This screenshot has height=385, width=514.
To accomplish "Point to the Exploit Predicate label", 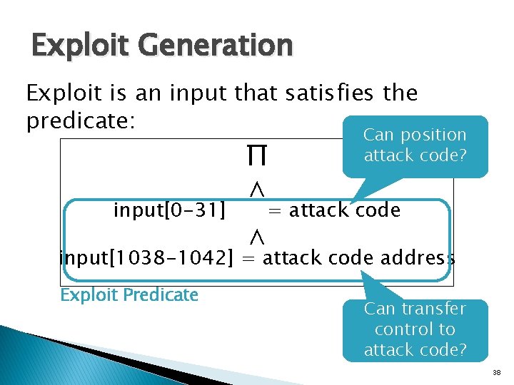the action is point(129,294).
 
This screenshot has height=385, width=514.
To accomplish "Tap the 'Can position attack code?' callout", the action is point(415,145).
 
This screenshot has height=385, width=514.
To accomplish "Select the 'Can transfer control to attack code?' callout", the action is point(415,329).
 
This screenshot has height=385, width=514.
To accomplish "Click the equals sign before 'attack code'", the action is point(273,210).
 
